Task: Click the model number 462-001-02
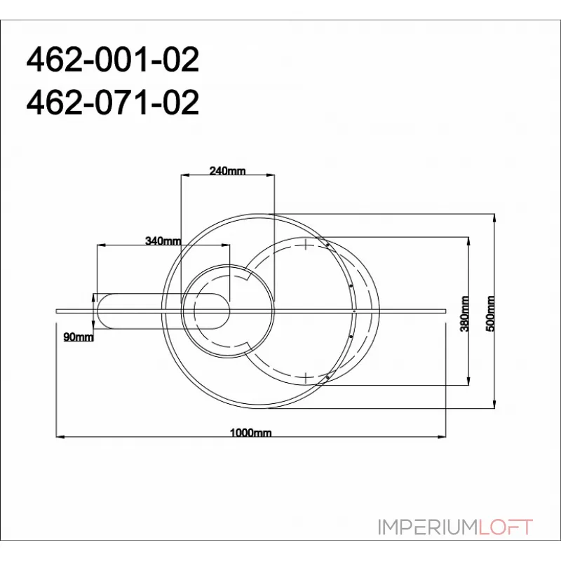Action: tap(112, 62)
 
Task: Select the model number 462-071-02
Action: tap(112, 103)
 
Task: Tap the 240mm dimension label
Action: tap(227, 171)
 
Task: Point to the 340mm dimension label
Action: tap(163, 241)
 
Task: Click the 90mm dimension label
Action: tap(78, 338)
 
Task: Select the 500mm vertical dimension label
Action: tap(491, 313)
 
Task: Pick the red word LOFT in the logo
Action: tap(506, 527)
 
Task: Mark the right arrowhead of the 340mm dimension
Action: tap(226, 245)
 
